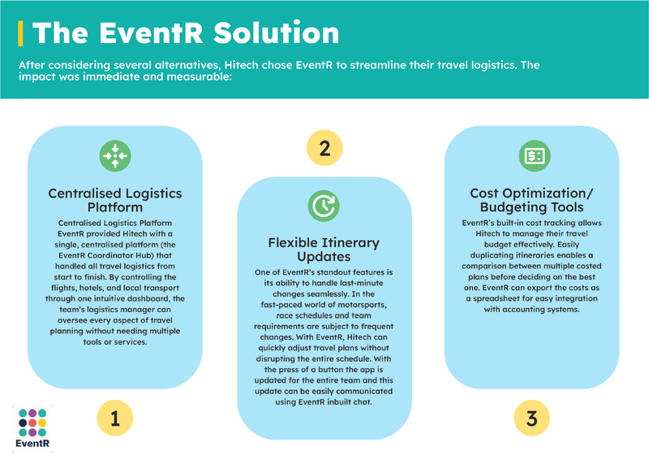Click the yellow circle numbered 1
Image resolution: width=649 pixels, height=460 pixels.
pyautogui.click(x=115, y=418)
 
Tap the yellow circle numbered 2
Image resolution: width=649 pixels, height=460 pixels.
pyautogui.click(x=324, y=148)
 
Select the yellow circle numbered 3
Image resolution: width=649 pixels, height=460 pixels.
pyautogui.click(x=532, y=418)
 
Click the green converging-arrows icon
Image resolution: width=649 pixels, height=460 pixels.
pyautogui.click(x=115, y=156)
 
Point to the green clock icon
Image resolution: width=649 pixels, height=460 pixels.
pyautogui.click(x=324, y=206)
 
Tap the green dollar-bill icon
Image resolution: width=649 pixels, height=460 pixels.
pyautogui.click(x=535, y=156)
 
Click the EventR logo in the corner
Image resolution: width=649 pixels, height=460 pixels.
pyautogui.click(x=32, y=429)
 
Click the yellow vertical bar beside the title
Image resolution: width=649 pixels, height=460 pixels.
pyautogui.click(x=20, y=33)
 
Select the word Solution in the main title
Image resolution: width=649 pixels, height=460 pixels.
pyautogui.click(x=277, y=33)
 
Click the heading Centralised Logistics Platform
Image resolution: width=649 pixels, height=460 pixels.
pyautogui.click(x=115, y=200)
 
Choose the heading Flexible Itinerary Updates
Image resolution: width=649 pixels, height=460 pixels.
pyautogui.click(x=324, y=250)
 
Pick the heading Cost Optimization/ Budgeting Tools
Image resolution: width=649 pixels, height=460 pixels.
pyautogui.click(x=532, y=200)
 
